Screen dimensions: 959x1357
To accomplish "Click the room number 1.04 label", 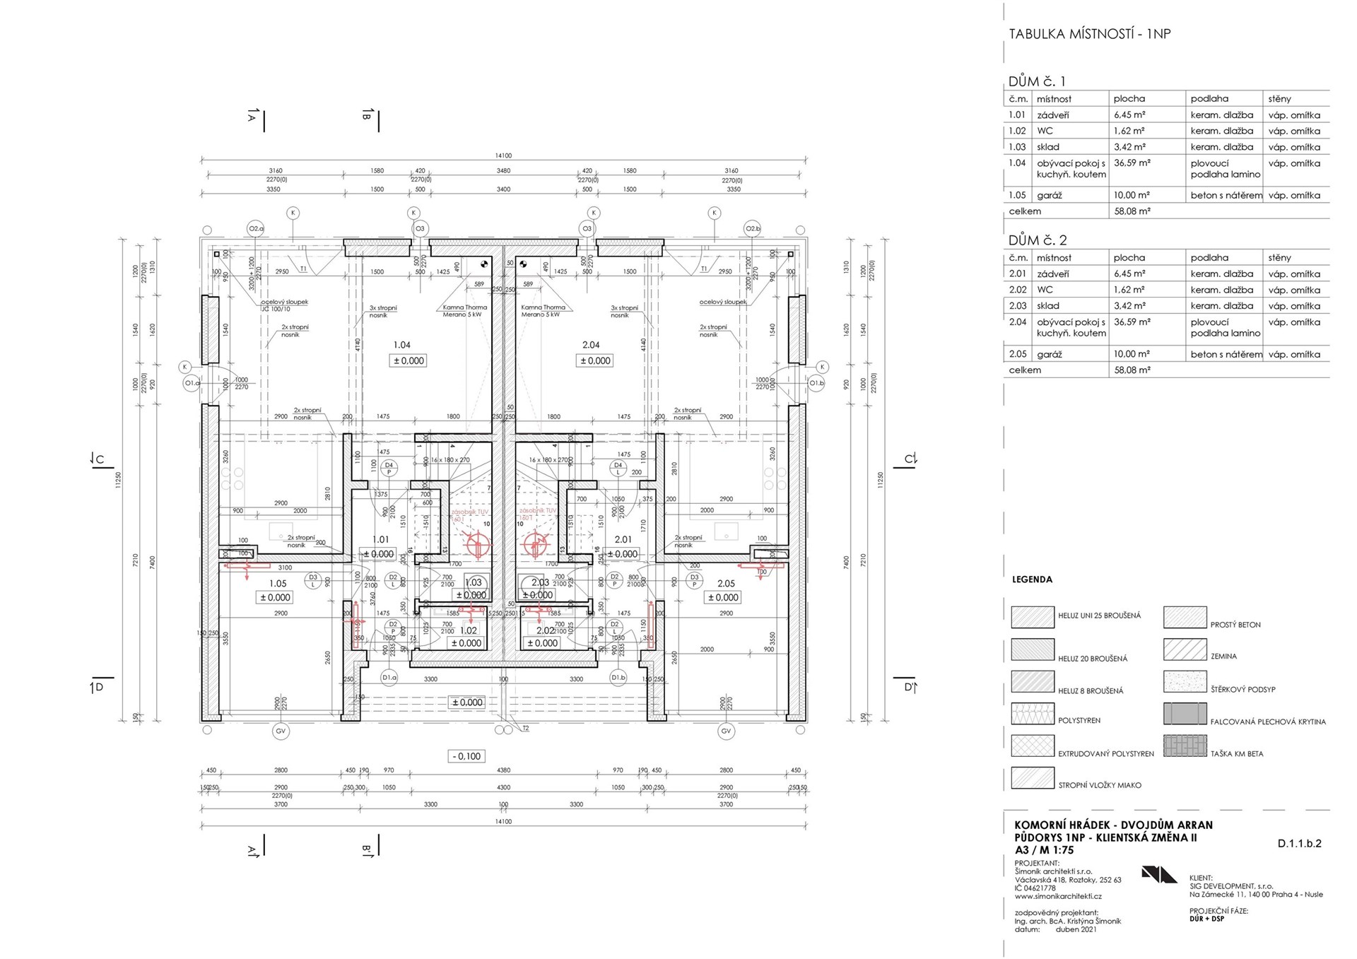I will (401, 345).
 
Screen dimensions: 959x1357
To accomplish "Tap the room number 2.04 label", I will (591, 345).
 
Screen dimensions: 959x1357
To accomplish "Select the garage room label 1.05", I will (278, 584).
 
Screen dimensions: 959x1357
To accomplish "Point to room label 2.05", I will (726, 584).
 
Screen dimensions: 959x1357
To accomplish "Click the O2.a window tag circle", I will (256, 228).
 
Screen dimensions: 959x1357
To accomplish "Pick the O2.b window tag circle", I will (753, 228).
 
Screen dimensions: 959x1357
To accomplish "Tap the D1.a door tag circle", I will (389, 677).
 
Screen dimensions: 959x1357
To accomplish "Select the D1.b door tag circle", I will (618, 677).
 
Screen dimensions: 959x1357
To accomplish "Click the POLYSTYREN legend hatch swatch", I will (1033, 714).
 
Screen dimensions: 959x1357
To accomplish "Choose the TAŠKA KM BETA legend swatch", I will (1185, 746).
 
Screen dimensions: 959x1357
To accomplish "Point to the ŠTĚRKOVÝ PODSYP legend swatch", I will (1185, 682).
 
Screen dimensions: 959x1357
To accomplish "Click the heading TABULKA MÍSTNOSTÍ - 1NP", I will (1089, 34).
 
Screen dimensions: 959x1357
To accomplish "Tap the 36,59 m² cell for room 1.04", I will (1132, 163).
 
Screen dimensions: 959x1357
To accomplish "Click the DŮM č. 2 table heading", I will (1038, 240).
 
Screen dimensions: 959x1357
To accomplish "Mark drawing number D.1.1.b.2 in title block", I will (1299, 843).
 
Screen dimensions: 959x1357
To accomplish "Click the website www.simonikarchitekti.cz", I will (1057, 896).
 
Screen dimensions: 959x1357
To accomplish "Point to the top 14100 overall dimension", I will (503, 155).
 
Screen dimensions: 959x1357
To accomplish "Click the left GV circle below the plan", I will (281, 731).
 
